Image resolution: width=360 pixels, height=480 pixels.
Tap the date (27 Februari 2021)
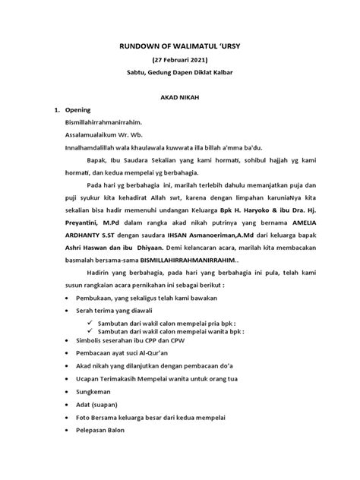pos(180,60)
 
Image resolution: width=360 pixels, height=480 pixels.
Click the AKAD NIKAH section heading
pos(180,99)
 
